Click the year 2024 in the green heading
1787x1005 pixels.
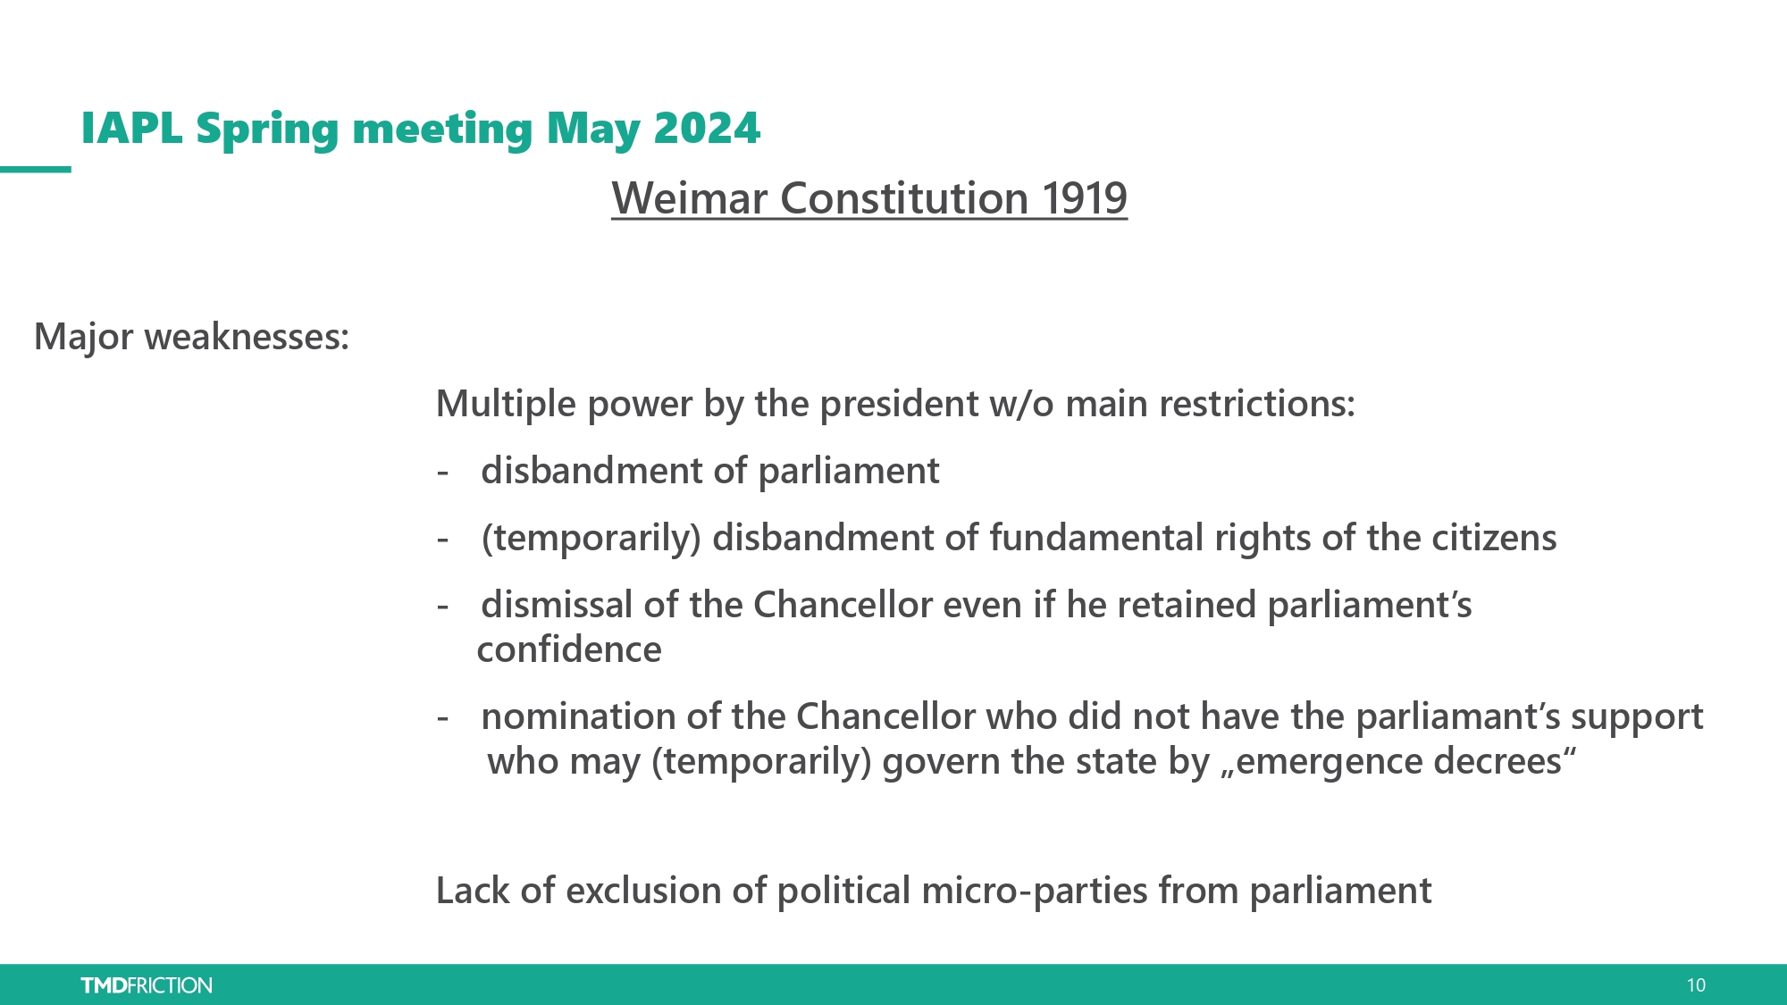click(707, 129)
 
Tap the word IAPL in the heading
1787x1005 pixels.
click(132, 129)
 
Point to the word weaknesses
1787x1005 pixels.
click(247, 337)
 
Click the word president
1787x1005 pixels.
click(899, 404)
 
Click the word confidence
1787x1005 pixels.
click(569, 649)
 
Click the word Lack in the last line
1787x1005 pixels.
click(473, 891)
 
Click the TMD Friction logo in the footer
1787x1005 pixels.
click(147, 985)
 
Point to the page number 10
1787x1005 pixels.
click(1696, 985)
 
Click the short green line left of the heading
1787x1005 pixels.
click(36, 169)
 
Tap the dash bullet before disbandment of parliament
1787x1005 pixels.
click(442, 473)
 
